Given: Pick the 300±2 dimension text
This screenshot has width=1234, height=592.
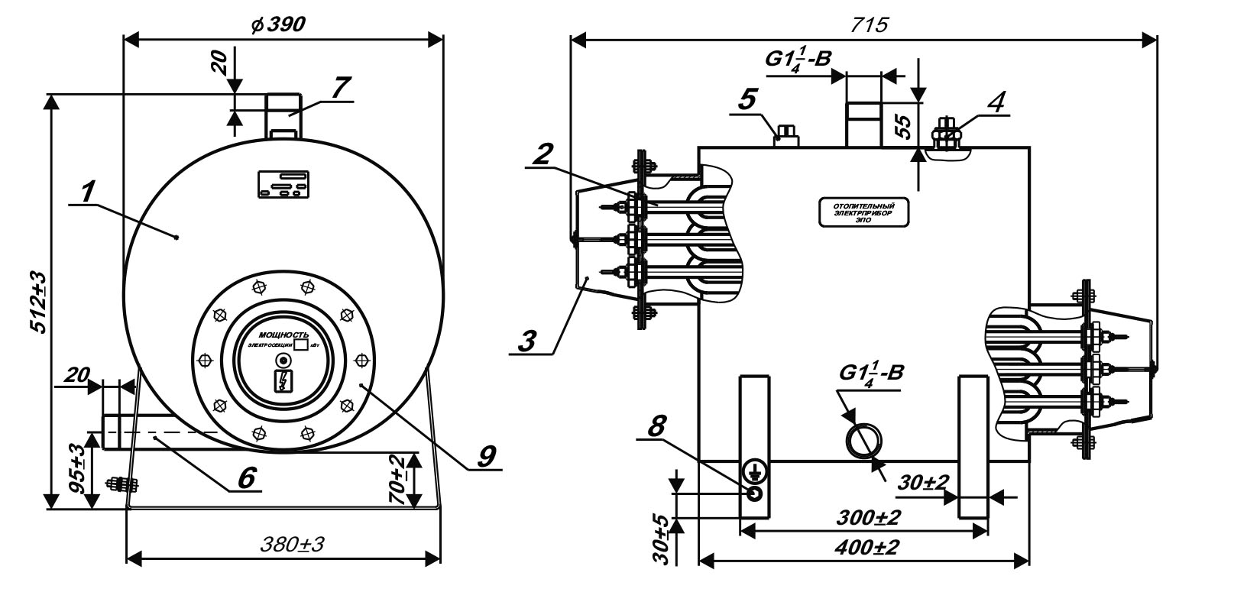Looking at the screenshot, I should tap(869, 518).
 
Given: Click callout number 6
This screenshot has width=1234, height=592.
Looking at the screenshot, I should tap(245, 477).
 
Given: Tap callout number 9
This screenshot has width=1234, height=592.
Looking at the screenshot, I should tap(485, 455).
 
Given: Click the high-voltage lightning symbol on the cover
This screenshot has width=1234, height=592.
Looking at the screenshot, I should tap(283, 379).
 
